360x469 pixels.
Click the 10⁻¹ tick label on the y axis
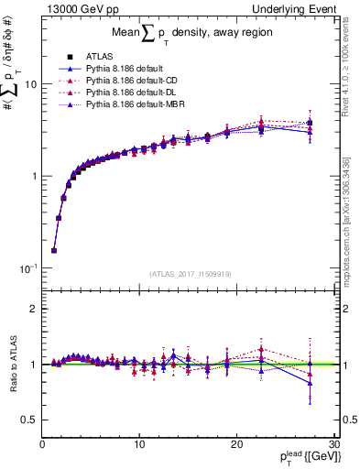(x=27, y=268)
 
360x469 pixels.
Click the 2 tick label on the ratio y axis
(x=33, y=310)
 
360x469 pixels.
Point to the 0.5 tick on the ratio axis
(x=28, y=420)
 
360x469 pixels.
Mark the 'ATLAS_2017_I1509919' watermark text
(x=190, y=272)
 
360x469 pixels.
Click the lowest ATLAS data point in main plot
(x=54, y=250)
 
